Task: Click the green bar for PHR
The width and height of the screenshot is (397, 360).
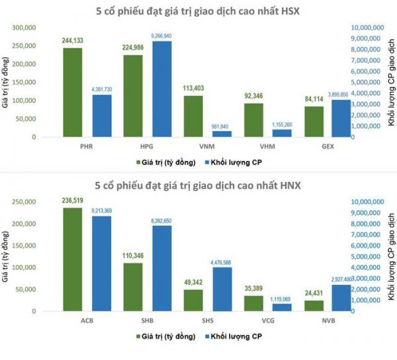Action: tap(73, 93)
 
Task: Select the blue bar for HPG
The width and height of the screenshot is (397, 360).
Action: tap(162, 89)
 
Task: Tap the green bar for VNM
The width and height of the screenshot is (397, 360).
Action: tap(193, 116)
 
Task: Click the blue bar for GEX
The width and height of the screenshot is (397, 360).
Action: tap(341, 118)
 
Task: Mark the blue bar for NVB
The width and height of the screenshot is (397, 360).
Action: tap(341, 298)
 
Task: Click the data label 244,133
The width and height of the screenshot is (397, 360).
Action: tap(73, 40)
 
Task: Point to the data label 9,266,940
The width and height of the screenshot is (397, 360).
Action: tap(162, 34)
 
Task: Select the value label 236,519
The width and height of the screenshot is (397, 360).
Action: tap(73, 201)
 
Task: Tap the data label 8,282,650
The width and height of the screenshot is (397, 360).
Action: tap(162, 219)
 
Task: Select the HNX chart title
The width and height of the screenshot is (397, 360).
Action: tap(198, 186)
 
